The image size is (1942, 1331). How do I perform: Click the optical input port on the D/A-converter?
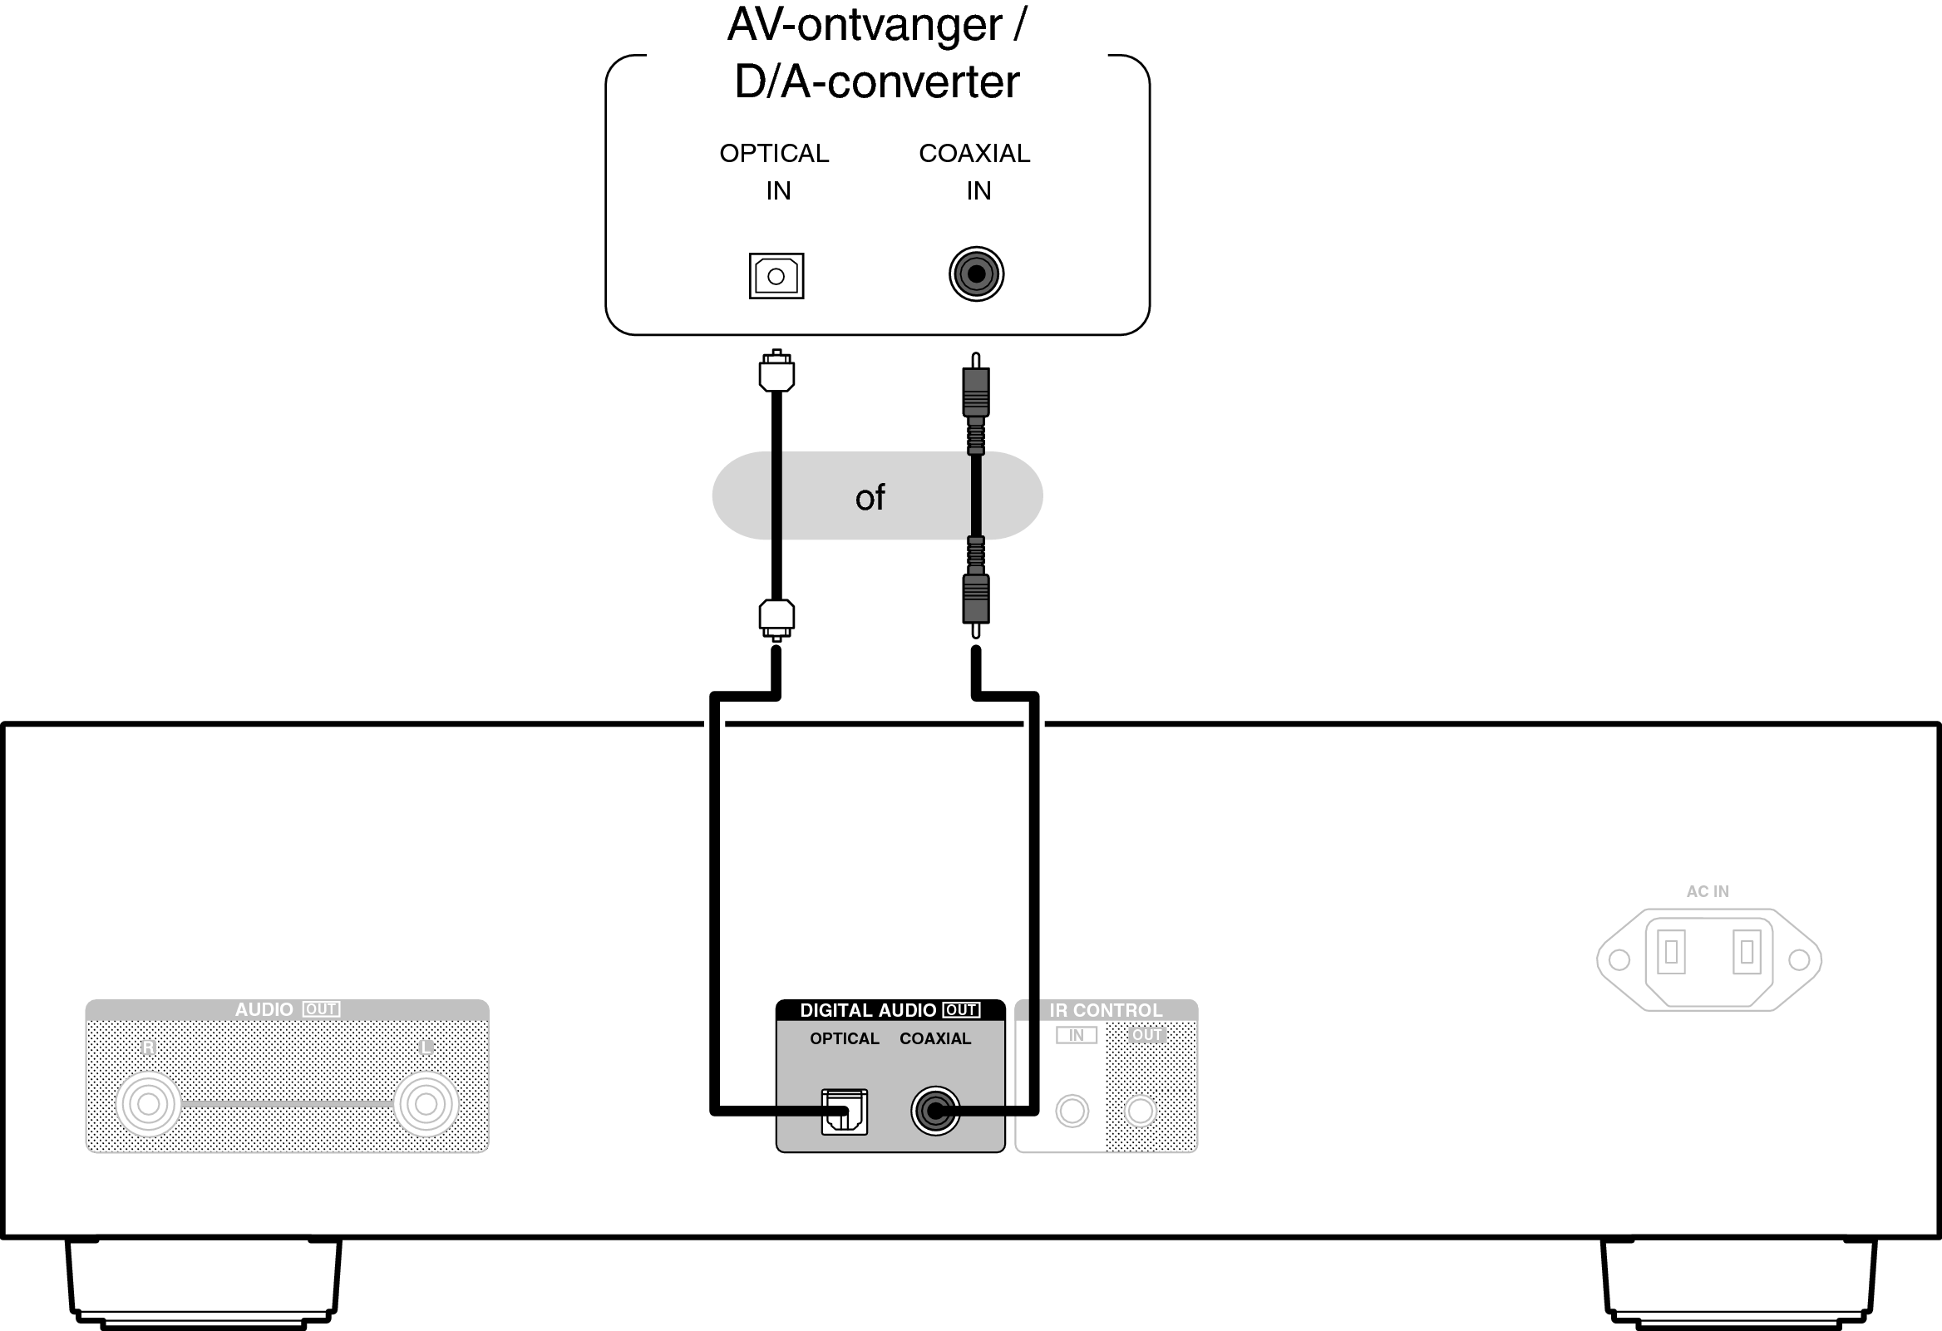[776, 276]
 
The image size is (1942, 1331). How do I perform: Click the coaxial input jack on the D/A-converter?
[976, 274]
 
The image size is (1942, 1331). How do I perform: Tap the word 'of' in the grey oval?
[870, 498]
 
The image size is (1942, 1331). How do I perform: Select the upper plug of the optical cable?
[776, 372]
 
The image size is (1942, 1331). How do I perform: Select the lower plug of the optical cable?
[776, 619]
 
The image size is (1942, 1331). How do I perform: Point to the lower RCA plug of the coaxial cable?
[975, 599]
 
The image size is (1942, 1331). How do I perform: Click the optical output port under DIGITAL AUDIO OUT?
[844, 1112]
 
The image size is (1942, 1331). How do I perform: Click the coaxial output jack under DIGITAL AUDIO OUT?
[935, 1112]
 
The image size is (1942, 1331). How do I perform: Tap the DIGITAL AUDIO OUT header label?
[889, 1010]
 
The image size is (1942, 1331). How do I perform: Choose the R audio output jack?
[149, 1104]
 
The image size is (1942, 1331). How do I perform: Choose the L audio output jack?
[426, 1104]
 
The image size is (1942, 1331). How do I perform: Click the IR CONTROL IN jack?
[1072, 1112]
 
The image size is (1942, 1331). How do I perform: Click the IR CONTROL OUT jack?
[1141, 1112]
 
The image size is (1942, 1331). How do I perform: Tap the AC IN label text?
[1708, 891]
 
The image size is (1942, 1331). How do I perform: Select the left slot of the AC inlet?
[1671, 952]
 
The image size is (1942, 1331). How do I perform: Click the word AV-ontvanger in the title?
[864, 25]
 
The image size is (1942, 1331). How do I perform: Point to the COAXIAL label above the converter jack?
[974, 154]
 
